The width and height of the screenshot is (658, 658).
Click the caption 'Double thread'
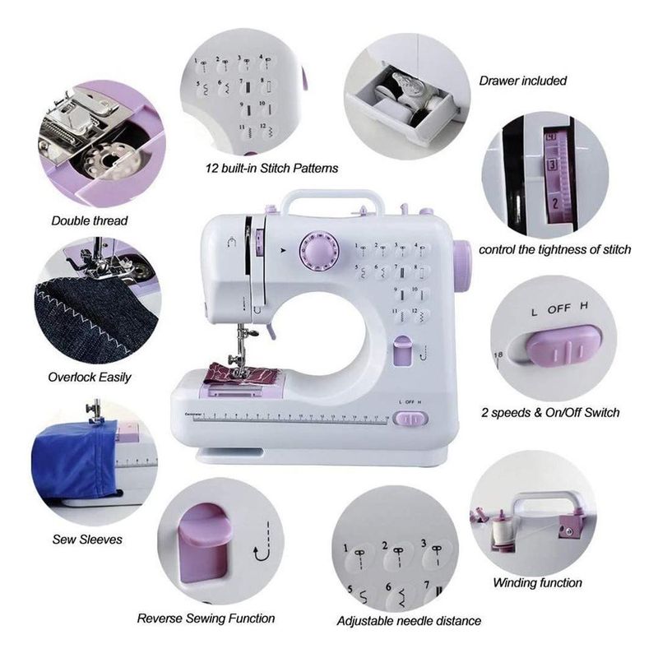point(90,220)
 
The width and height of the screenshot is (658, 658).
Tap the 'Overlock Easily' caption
point(90,378)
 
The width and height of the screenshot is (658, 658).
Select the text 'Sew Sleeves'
point(87,540)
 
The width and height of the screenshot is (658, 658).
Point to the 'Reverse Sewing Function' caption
point(206,619)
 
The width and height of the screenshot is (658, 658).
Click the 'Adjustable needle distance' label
point(409,621)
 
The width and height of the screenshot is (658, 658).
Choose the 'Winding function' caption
point(538,582)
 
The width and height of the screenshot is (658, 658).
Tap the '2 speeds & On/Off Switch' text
point(550,413)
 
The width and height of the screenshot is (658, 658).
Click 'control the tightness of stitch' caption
point(554,250)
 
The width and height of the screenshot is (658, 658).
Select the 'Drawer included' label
point(523,81)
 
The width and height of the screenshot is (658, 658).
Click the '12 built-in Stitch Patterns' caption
point(272,169)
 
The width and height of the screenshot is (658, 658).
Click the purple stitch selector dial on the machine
point(319,251)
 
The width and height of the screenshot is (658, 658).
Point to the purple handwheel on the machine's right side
point(462,261)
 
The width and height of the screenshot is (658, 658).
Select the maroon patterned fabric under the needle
point(241,373)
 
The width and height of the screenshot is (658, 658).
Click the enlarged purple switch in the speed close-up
point(563,345)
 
